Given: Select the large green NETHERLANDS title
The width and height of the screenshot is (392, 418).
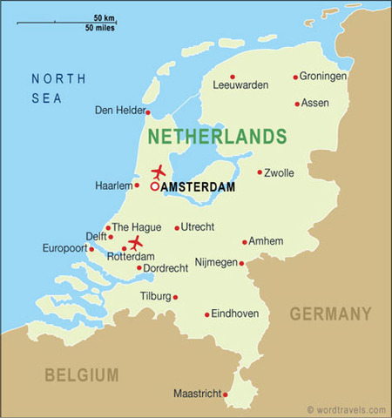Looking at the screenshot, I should tap(217, 137).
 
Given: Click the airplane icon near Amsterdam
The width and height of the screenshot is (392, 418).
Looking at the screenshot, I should tap(158, 172).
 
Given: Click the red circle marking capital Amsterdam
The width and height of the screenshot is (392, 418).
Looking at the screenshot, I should tap(155, 185).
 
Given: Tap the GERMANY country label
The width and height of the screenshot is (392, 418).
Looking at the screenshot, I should tap(330, 313).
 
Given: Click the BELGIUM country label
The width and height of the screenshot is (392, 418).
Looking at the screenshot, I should tap(82, 374).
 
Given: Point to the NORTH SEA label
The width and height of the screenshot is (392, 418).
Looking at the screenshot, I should tap(58, 88).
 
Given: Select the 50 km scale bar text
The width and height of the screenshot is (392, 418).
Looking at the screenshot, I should tap(105, 18).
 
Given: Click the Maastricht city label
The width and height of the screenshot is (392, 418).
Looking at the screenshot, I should tap(197, 393).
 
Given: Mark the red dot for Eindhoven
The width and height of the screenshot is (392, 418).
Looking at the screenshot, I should tap(206, 315).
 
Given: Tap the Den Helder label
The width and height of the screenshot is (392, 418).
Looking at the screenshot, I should tap(119, 110).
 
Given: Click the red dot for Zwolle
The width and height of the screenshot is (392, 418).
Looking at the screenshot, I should tap(259, 172).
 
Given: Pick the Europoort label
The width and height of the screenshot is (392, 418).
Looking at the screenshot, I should tap(65, 248).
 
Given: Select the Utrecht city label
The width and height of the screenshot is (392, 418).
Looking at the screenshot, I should tap(196, 227).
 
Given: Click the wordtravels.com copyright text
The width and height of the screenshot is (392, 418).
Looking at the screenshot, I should tap(346, 409).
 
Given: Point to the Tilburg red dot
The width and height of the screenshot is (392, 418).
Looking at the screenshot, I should tap(175, 297).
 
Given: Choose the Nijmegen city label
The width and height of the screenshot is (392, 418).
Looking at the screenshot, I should tap(215, 261).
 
